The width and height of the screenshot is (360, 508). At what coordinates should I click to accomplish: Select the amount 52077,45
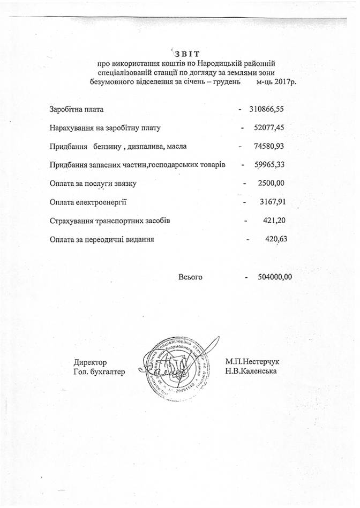tap(271, 128)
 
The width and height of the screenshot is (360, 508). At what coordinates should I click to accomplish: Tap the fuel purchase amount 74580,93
tap(271, 146)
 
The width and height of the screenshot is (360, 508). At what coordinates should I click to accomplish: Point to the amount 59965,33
tap(271, 165)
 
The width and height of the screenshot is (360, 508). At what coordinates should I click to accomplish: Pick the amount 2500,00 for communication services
tap(271, 184)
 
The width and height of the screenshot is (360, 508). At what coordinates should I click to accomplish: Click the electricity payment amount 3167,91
tap(271, 202)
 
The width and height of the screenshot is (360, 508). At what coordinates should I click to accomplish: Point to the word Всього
tap(190, 277)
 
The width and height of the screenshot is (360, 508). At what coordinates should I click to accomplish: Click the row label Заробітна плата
tap(76, 110)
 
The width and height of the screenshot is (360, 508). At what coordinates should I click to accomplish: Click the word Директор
tap(91, 362)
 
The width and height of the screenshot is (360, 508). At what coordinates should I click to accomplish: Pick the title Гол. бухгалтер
tap(99, 371)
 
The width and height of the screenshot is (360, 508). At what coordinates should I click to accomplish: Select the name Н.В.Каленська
tap(251, 371)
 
